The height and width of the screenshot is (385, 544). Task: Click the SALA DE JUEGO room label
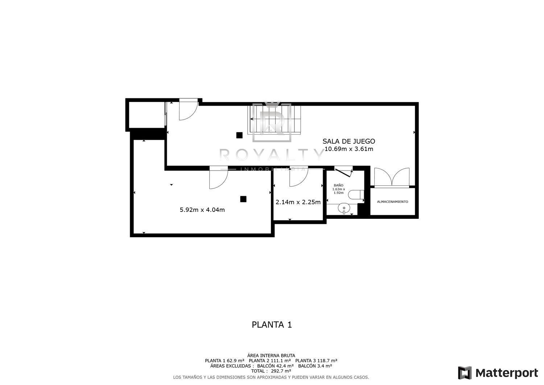coord(349,141)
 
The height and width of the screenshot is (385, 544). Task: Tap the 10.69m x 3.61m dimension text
coord(349,149)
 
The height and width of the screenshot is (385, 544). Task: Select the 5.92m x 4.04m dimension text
coord(202,210)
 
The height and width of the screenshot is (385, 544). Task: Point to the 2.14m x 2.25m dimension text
coord(298,202)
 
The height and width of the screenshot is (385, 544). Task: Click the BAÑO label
coord(338,185)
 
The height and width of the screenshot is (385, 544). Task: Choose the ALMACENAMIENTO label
coord(392,202)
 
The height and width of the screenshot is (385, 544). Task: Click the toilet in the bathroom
coord(356,195)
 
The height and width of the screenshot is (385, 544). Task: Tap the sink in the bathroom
coord(344,209)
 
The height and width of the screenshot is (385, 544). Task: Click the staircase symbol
coord(274,120)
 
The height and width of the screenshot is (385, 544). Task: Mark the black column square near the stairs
coord(239,135)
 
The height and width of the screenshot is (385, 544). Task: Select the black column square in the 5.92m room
coord(243,199)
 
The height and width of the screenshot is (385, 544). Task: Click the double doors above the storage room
coord(392,177)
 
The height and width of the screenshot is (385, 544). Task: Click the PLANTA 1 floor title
coord(272,325)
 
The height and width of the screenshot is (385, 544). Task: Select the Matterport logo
coord(498,373)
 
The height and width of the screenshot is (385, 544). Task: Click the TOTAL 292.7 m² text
coord(271,371)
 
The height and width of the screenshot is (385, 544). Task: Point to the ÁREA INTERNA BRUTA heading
coord(271,356)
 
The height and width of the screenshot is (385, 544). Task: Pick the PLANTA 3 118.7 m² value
coord(316,361)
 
